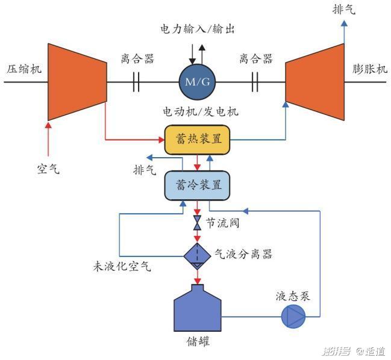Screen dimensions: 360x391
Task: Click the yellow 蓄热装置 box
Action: point(197,140)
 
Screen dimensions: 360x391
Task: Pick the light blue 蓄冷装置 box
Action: point(198,185)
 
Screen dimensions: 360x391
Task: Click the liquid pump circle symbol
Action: point(294,315)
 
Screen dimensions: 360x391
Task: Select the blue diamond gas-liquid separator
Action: point(198,255)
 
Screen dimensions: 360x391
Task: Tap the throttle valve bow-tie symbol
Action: point(198,223)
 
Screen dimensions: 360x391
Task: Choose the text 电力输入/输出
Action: point(197,29)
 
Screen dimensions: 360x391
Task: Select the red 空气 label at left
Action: point(48,169)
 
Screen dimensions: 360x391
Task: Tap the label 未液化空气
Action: point(121,266)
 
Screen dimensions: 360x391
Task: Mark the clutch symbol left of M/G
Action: point(136,82)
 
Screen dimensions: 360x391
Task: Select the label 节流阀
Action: point(224,223)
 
